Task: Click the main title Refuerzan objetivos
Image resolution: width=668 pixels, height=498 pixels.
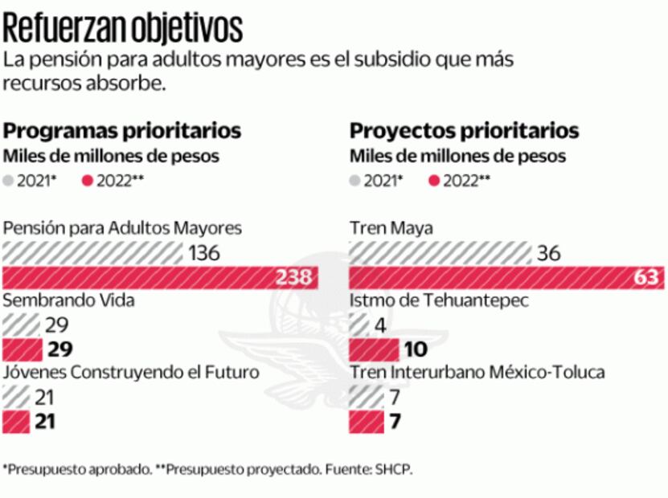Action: tap(123, 27)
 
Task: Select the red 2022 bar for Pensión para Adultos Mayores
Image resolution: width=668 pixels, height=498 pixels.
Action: tap(161, 278)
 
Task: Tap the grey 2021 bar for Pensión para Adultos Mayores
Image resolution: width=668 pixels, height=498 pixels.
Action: tap(92, 254)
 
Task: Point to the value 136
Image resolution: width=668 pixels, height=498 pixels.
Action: tap(204, 254)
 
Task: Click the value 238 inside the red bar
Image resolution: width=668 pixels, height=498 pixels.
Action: tap(293, 278)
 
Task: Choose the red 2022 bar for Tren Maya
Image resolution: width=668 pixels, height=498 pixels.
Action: tap(506, 278)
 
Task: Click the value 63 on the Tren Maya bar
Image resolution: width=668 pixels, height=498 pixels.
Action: tap(645, 278)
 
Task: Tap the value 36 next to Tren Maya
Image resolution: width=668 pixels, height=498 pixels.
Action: tap(548, 254)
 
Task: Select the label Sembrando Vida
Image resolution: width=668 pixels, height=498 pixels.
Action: tap(69, 300)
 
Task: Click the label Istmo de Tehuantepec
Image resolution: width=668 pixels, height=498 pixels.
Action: tap(437, 300)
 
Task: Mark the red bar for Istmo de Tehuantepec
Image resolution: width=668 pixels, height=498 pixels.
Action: tap(374, 349)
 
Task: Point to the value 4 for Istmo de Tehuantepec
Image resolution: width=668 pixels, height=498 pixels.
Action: tap(381, 325)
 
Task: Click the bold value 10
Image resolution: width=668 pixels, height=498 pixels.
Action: tap(416, 349)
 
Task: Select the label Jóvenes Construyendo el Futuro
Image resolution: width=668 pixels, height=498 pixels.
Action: tap(132, 372)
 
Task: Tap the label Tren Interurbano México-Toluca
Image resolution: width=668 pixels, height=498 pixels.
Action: tap(477, 372)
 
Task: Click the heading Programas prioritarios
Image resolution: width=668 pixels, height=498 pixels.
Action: tap(122, 130)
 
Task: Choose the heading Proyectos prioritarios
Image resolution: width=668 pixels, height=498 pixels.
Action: tap(464, 130)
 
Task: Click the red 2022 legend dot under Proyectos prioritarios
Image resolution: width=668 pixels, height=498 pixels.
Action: tap(435, 181)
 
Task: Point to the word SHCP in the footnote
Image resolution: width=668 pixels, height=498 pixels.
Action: tap(393, 469)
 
